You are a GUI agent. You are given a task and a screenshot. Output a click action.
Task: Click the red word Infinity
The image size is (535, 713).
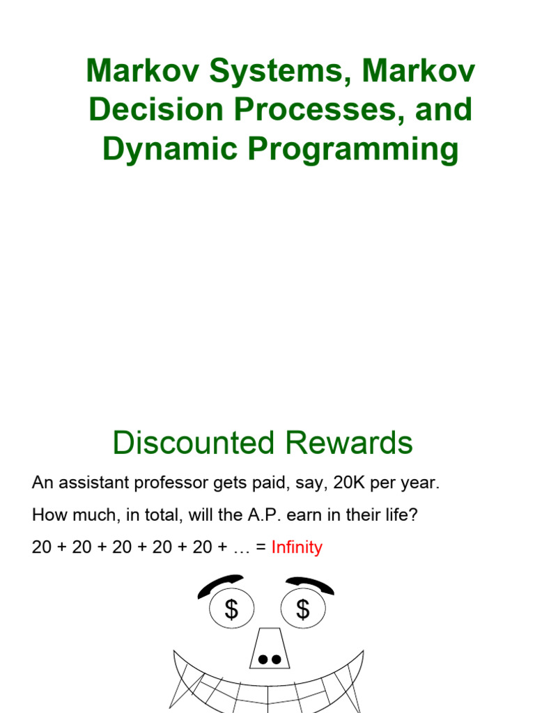coord(297,547)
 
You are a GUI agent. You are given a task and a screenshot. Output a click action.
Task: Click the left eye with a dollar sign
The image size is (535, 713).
coord(232,610)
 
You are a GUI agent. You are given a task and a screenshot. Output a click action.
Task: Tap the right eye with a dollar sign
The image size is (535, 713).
coord(303,610)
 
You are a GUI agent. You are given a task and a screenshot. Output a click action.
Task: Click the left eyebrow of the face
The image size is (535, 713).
coord(219,586)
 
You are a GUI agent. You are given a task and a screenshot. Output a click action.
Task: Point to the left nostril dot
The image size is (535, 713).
coord(263,659)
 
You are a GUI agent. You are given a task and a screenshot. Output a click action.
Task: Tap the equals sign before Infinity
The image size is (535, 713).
coord(261,547)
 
